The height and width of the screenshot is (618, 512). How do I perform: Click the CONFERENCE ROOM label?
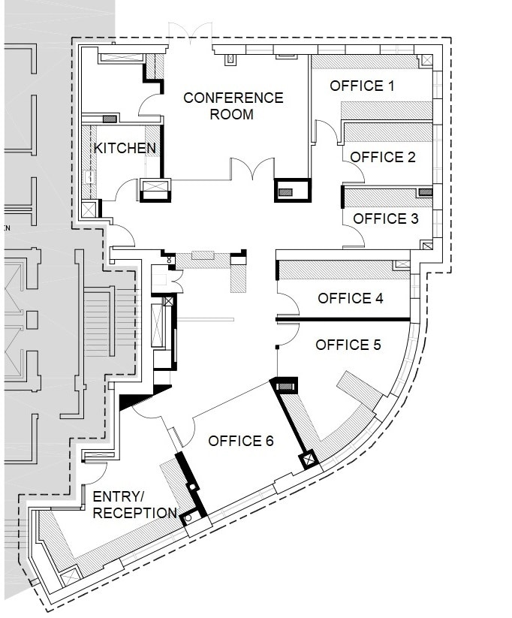[233, 106]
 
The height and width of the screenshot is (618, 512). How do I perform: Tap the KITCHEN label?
[125, 148]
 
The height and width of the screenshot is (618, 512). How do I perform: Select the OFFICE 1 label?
[362, 86]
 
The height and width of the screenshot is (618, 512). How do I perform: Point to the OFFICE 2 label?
[383, 157]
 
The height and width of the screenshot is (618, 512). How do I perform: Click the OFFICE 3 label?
[385, 219]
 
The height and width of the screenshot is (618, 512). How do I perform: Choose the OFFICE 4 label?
[351, 298]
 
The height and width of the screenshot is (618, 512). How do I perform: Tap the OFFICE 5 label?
[348, 345]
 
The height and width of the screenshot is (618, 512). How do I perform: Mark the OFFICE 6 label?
[240, 441]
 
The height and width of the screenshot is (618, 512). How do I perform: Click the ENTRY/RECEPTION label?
[134, 505]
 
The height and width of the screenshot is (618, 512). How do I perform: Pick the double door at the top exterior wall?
[185, 32]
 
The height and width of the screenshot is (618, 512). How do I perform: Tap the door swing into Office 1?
[325, 132]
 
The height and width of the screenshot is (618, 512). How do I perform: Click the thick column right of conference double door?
[292, 191]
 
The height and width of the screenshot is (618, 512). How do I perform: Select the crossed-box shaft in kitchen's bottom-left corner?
[89, 209]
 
